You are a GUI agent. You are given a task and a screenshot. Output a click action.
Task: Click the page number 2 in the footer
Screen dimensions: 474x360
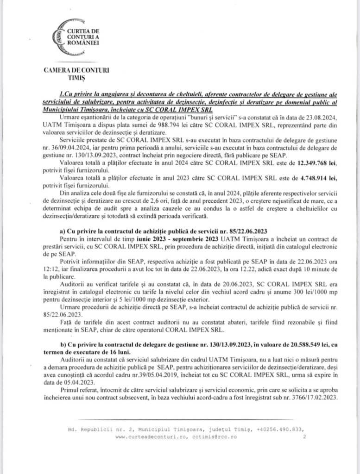[303, 437]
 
